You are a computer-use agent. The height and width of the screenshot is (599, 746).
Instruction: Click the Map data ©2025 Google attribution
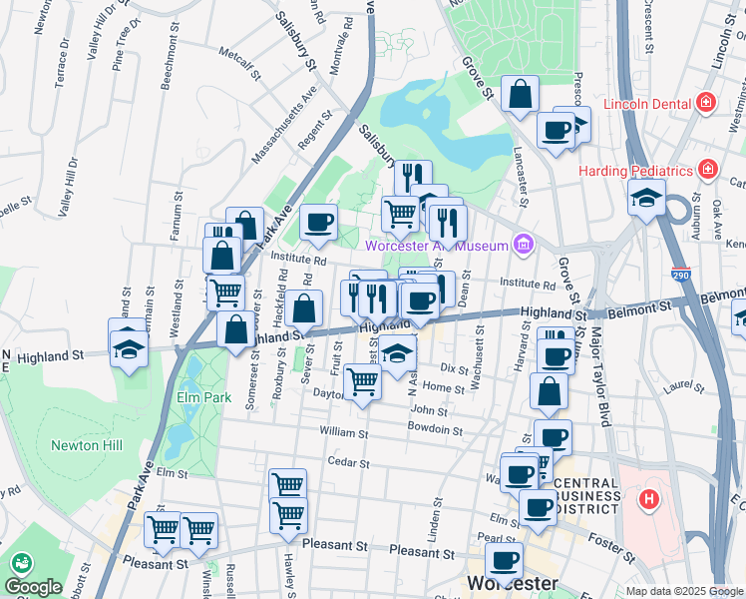[x=684, y=591]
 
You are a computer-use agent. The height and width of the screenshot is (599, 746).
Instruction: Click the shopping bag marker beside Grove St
[x=520, y=95]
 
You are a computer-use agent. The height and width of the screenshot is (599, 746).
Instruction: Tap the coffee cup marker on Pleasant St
[x=504, y=560]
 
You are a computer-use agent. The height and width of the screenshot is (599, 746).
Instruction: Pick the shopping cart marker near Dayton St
[x=362, y=380]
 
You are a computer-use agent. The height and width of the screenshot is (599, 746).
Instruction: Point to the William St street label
[x=344, y=433]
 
